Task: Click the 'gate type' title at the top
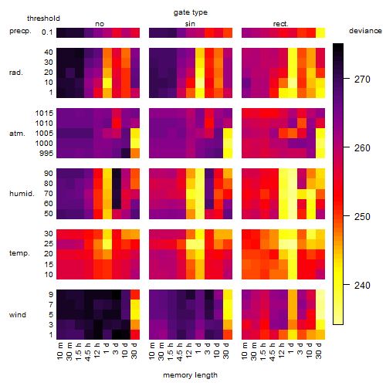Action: (x=191, y=12)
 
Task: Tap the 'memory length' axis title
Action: (x=190, y=375)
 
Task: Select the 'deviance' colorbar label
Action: (x=365, y=31)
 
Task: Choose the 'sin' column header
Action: (x=190, y=24)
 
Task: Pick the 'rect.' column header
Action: (x=280, y=24)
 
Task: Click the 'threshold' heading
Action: (x=43, y=19)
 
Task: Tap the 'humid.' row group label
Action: (x=22, y=194)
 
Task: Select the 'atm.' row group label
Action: (x=17, y=134)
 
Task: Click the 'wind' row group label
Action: (x=18, y=315)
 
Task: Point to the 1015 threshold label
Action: (x=44, y=113)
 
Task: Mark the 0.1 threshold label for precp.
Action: (x=47, y=32)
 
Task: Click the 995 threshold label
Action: (x=46, y=154)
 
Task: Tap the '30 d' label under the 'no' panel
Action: (x=134, y=350)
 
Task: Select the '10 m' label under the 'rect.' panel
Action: (x=245, y=350)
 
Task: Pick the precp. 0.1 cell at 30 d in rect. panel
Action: (x=320, y=32)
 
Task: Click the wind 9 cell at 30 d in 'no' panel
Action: (x=135, y=294)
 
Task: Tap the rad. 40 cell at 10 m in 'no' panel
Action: (x=61, y=52)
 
